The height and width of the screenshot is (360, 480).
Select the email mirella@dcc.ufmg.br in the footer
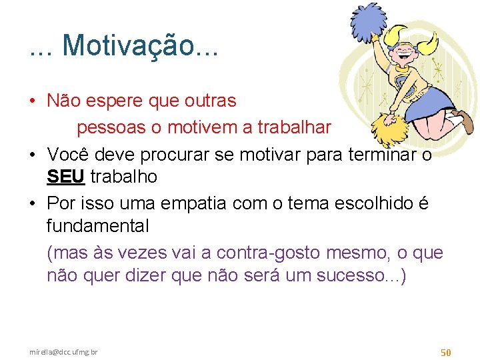[63, 351]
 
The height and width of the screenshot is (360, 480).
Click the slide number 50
[446, 351]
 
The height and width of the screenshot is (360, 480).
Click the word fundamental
[98, 226]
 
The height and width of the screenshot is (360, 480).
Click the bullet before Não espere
[32, 101]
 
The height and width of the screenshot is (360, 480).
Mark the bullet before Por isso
[32, 204]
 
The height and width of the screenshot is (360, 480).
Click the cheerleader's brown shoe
[467, 123]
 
